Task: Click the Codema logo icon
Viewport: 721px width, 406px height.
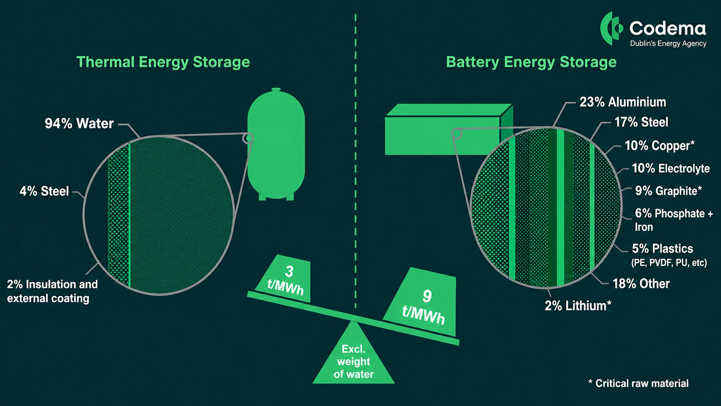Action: coord(611,28)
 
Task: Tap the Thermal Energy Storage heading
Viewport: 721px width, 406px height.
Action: coord(163,62)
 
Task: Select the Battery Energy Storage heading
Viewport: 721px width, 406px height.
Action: coord(531,62)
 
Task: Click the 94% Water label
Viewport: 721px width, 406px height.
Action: coord(79,123)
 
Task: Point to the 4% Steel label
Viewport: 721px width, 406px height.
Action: coord(44,191)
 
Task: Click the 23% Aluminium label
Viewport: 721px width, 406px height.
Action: coord(623,102)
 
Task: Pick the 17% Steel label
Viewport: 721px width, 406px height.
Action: coord(641,123)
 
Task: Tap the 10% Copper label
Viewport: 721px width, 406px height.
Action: coord(659,145)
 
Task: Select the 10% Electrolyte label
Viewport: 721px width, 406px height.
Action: coord(671,168)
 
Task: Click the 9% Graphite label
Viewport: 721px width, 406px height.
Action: coord(668,191)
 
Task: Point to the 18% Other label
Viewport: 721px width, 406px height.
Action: coord(641,283)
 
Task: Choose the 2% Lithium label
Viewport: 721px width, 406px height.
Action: coord(578,305)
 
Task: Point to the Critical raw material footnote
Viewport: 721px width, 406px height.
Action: coord(638,383)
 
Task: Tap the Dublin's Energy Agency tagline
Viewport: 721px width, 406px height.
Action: coord(668,44)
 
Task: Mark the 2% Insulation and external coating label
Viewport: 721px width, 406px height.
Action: coord(53,291)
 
